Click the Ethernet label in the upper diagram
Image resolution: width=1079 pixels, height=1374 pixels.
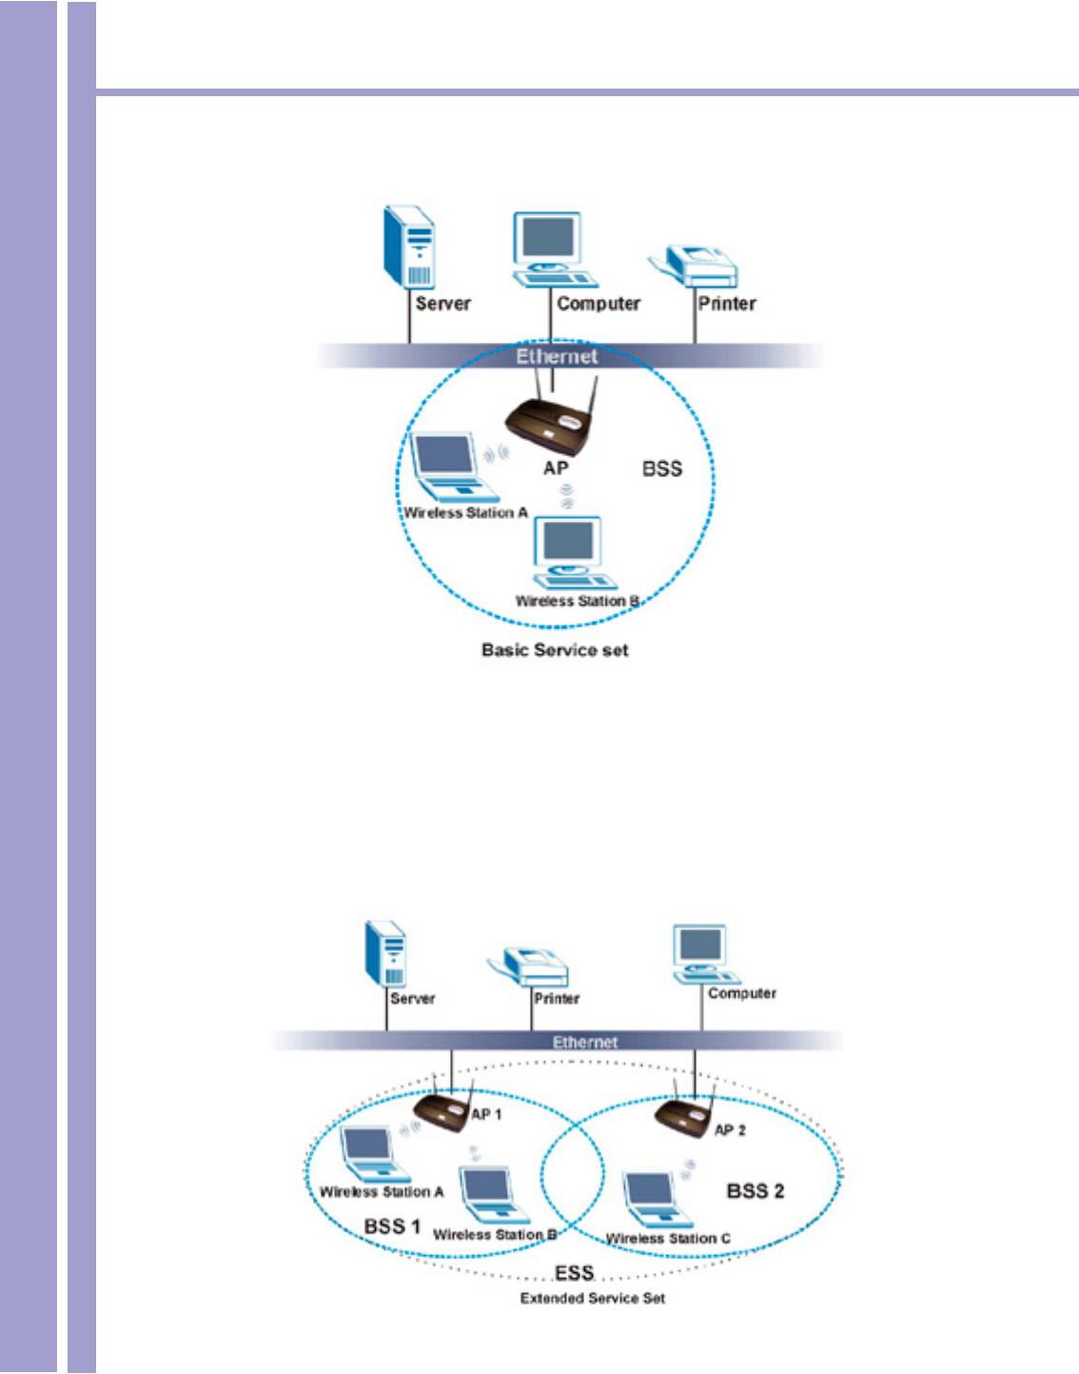tap(557, 356)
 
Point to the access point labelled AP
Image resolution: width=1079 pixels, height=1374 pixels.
tap(547, 423)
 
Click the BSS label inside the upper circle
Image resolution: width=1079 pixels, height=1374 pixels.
tap(662, 468)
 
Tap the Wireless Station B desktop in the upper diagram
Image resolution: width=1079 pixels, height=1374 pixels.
tap(572, 553)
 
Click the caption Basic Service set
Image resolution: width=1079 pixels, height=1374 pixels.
tap(555, 650)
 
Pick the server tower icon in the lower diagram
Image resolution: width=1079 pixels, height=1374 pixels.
tap(387, 953)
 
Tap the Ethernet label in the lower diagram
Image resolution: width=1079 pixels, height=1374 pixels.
tap(585, 1042)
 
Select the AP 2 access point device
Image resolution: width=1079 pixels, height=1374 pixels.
tap(685, 1117)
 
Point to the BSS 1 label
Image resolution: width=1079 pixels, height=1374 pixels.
tap(392, 1225)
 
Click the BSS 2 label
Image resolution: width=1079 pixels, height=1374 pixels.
tap(755, 1191)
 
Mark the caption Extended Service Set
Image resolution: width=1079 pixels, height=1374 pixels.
tap(592, 1298)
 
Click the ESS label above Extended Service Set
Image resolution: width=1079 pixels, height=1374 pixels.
tap(574, 1273)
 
